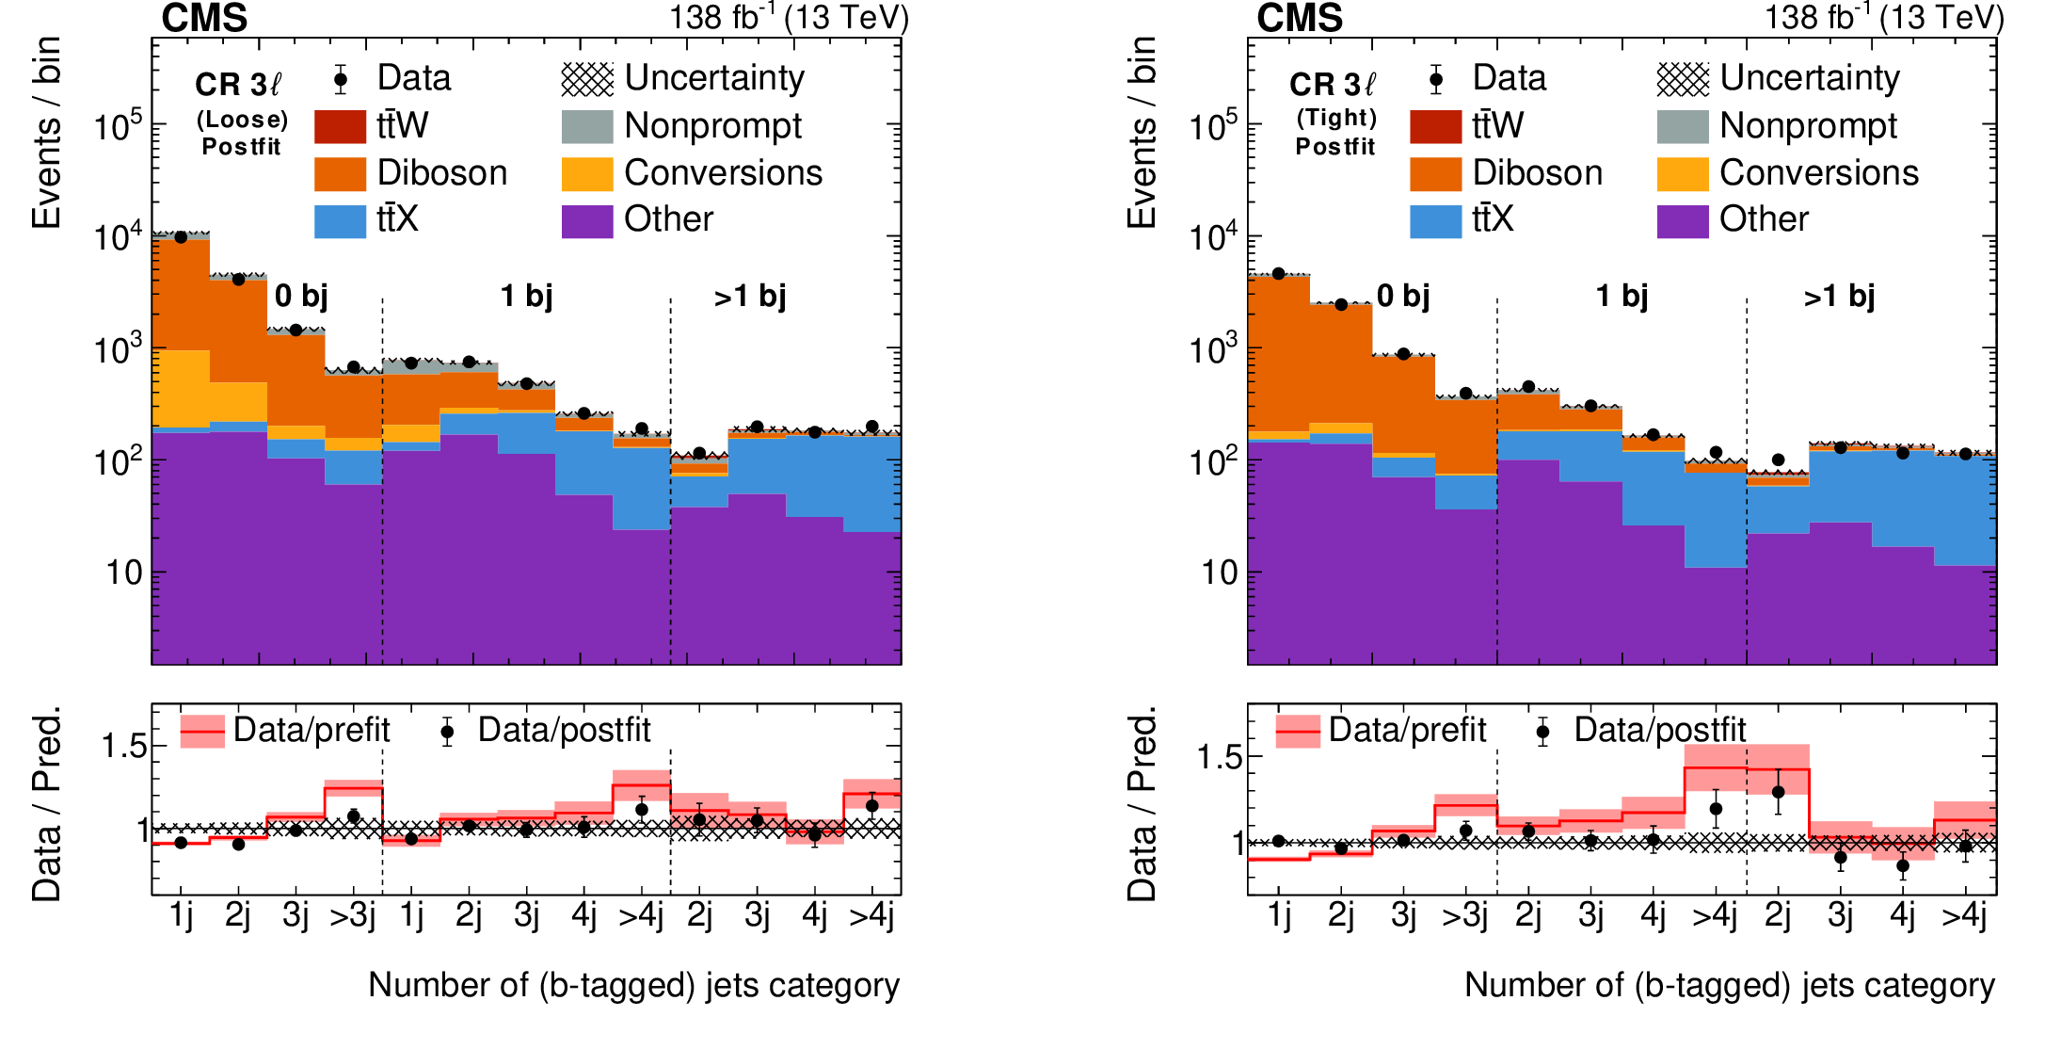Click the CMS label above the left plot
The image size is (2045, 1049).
pos(204,19)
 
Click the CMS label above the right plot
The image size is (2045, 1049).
pos(1300,19)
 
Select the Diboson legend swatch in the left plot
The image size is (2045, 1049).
pos(340,173)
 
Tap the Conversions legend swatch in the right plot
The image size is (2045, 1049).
pos(1683,173)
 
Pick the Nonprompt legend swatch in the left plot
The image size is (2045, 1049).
pos(587,126)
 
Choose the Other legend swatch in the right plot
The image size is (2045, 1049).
pos(1683,220)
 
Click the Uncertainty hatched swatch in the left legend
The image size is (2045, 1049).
pos(587,79)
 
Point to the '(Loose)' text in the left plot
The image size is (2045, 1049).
pos(242,120)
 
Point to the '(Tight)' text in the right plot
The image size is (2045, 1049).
pos(1336,118)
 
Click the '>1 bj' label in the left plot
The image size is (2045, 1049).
pos(750,297)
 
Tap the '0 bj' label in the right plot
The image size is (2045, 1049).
pos(1403,297)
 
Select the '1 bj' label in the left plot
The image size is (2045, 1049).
pos(526,297)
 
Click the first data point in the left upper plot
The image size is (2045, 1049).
pos(181,237)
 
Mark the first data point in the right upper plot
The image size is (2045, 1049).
pos(1278,274)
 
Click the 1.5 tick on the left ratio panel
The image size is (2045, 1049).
pos(124,747)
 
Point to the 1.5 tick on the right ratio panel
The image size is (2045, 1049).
pos(1220,758)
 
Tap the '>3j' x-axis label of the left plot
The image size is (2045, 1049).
pos(352,916)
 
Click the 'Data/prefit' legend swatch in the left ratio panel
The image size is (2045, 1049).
pos(202,731)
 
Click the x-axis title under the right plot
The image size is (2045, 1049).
pos(1729,985)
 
